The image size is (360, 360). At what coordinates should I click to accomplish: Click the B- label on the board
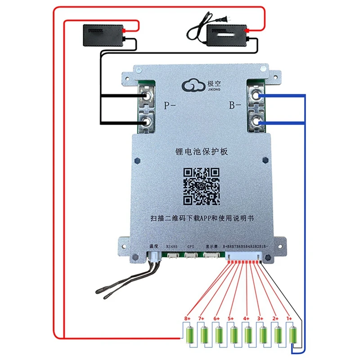click(x=235, y=107)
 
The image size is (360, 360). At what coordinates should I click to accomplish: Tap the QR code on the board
click(x=201, y=185)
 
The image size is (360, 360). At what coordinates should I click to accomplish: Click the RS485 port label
click(x=172, y=247)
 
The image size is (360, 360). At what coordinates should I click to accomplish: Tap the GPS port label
click(x=190, y=247)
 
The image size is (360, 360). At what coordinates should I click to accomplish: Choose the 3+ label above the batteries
click(x=260, y=319)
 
